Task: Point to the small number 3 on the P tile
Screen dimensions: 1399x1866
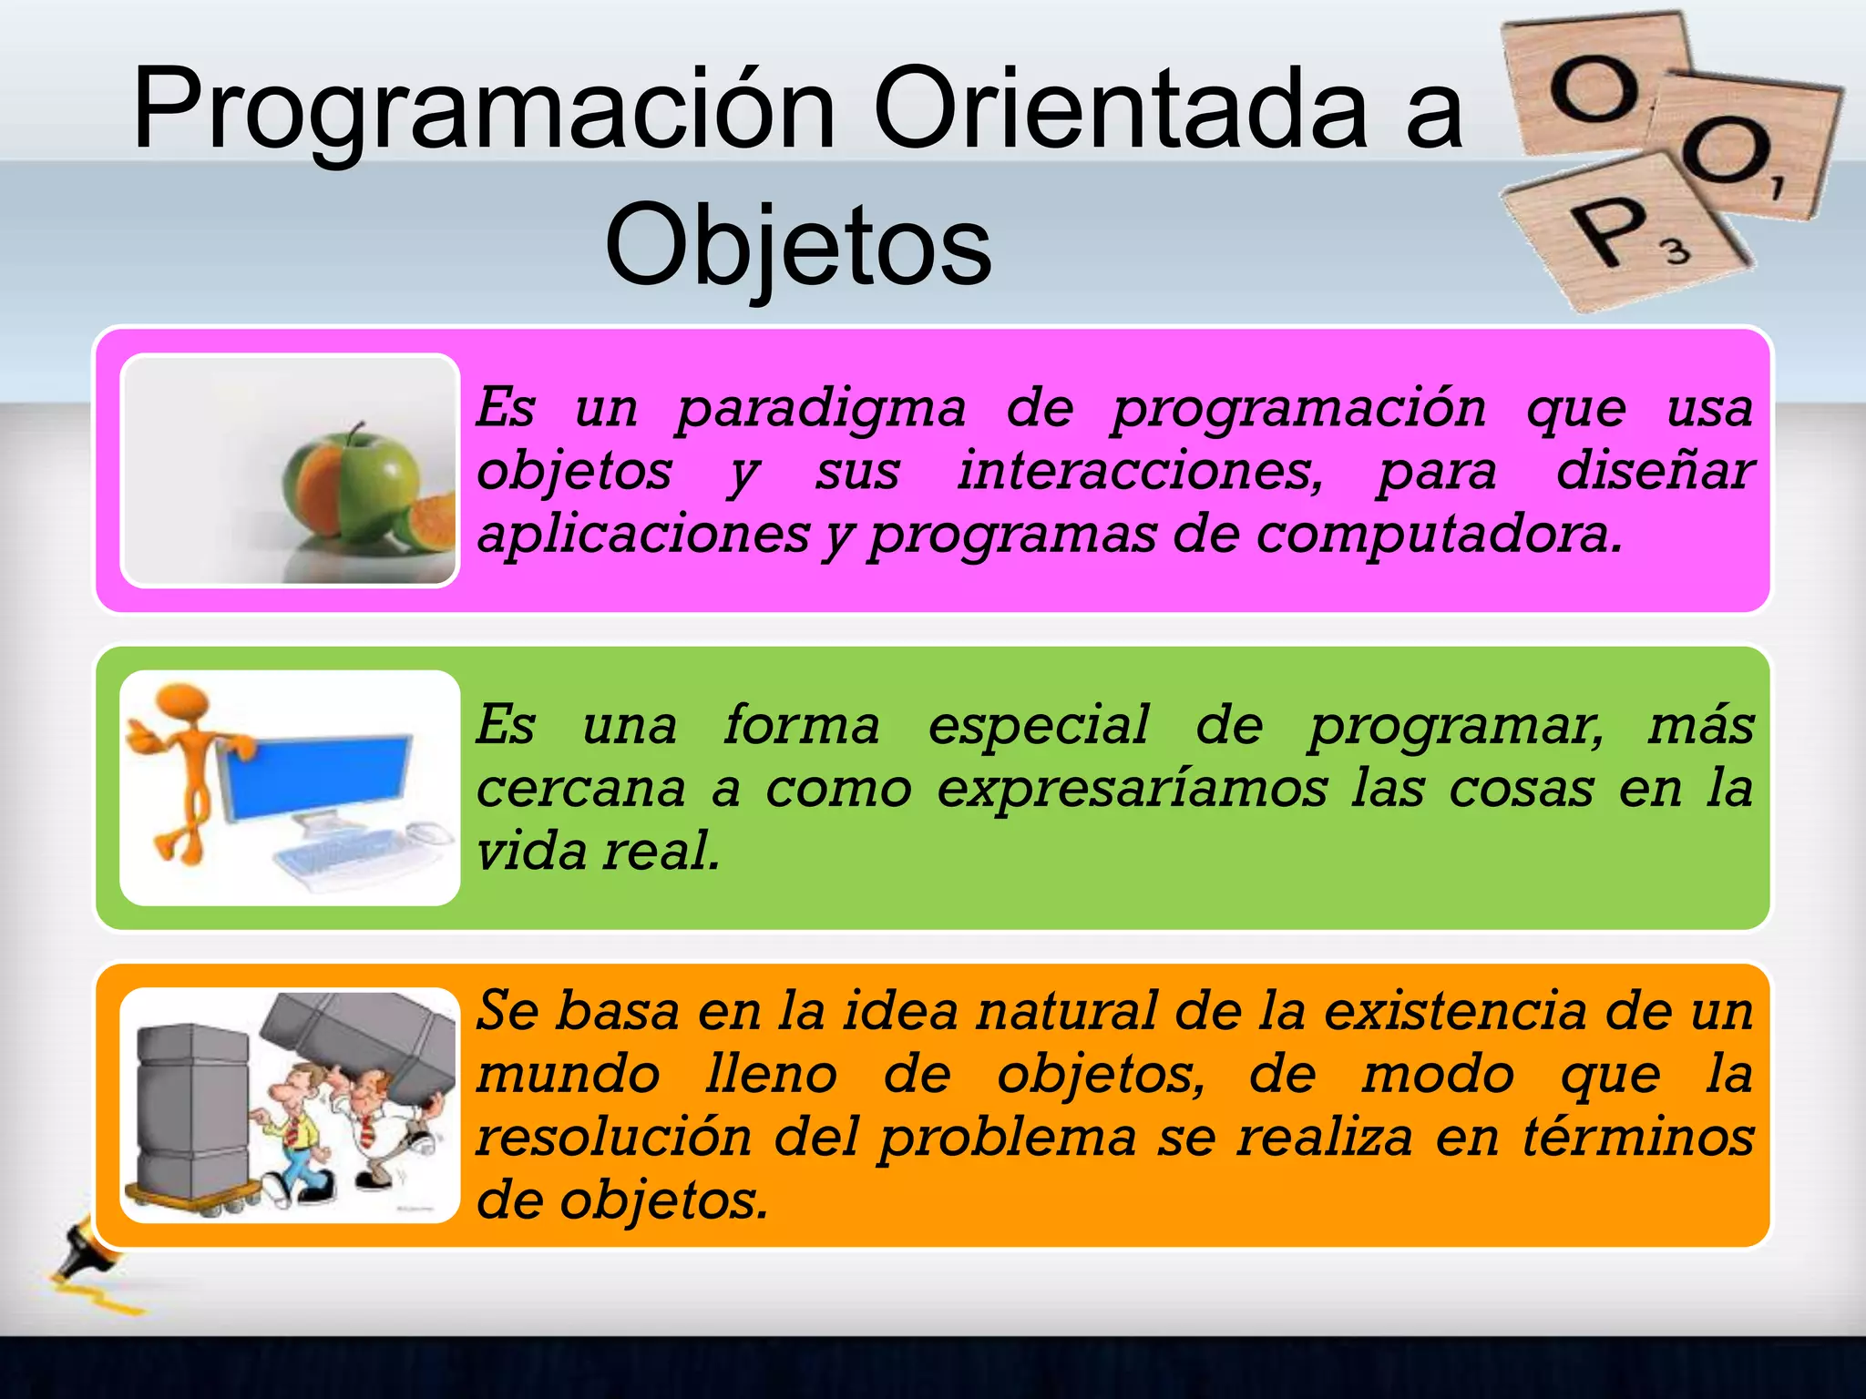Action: click(x=1677, y=250)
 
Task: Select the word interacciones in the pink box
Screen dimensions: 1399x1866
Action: click(x=1139, y=472)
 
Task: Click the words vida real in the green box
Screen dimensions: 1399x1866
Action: click(x=598, y=852)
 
